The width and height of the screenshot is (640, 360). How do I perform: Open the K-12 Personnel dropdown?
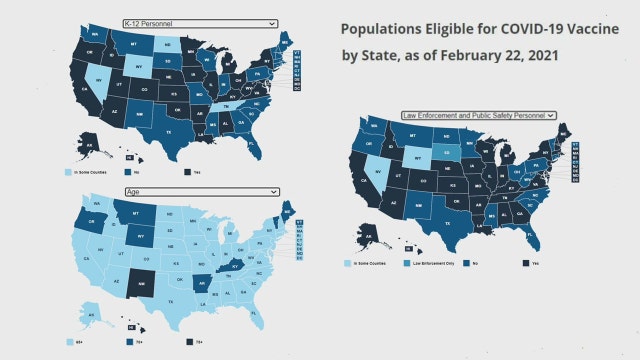200,22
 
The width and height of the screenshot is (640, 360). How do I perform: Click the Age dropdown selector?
200,190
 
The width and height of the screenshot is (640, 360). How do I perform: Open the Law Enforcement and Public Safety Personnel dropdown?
480,116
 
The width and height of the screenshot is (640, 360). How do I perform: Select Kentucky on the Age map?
236,263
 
